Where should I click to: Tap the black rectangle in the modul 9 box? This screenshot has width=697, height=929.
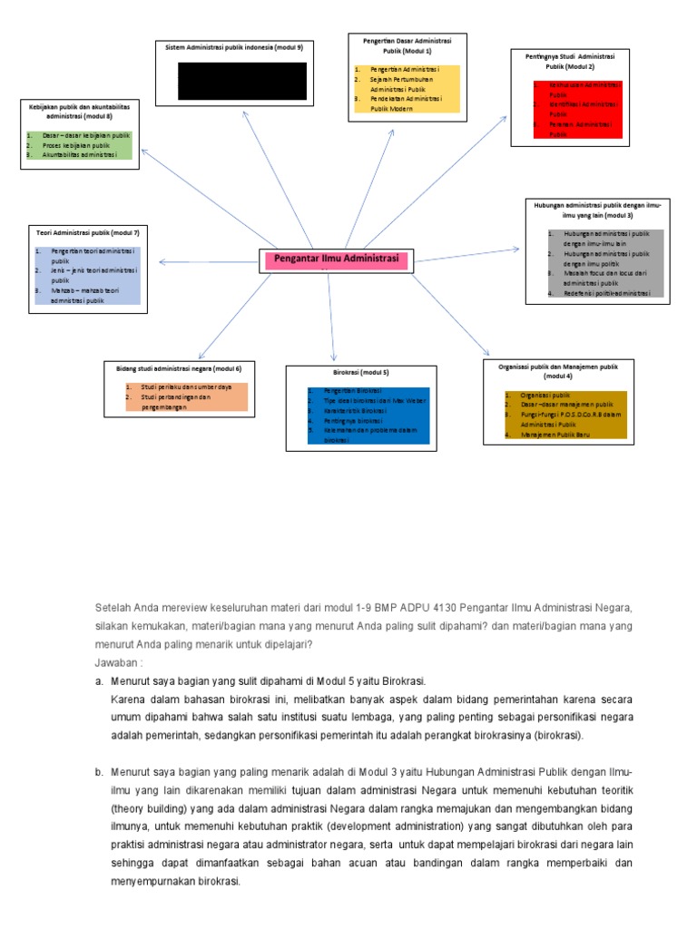click(242, 81)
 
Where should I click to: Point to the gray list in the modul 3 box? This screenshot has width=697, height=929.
click(605, 264)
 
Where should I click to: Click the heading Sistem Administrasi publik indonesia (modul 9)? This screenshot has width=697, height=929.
click(234, 46)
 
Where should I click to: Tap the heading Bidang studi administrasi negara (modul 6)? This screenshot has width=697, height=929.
click(179, 368)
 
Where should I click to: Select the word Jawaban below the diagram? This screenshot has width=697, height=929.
click(115, 662)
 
